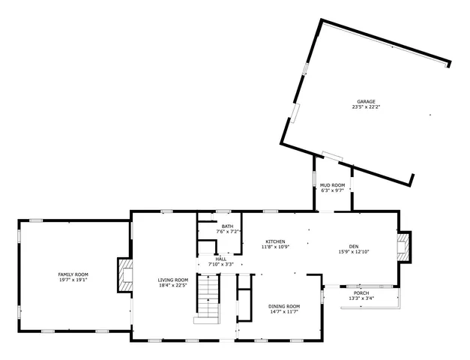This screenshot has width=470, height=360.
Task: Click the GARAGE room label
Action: [365, 101]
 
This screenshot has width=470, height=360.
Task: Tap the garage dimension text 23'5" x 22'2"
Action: [365, 107]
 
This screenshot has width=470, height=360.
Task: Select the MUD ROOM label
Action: [333, 184]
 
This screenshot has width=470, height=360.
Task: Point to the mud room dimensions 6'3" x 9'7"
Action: [333, 190]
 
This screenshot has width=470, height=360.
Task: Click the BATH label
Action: [227, 226]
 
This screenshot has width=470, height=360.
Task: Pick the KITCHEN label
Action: [275, 241]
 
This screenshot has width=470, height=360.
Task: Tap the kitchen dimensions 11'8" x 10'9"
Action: [275, 247]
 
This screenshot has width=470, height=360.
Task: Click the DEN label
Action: [354, 246]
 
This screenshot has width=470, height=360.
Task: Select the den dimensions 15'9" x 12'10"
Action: [354, 252]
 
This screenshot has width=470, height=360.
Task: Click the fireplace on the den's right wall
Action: [404, 247]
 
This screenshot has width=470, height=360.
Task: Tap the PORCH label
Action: [361, 292]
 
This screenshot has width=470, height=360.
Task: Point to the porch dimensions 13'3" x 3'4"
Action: [361, 298]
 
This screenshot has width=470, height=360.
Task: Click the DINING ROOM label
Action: [284, 306]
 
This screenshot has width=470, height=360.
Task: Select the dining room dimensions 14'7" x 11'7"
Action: [284, 312]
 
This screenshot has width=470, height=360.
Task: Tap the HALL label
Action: [221, 259]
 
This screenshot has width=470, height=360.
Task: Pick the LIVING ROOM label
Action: [172, 280]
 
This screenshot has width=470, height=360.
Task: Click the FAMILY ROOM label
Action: [73, 274]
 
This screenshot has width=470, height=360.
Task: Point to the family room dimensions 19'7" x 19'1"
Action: [73, 280]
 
